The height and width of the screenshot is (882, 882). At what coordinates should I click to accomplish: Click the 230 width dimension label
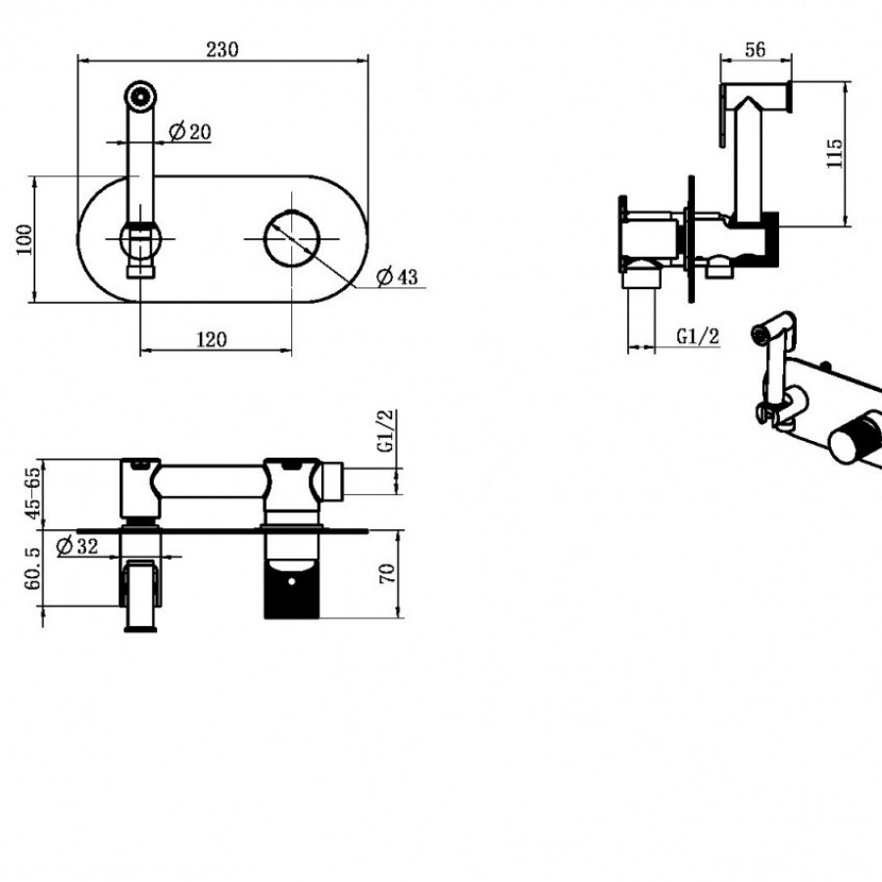coord(222,50)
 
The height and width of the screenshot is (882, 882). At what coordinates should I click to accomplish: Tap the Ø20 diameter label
coord(190,131)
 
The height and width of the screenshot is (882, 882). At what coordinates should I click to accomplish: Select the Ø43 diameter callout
coord(397,276)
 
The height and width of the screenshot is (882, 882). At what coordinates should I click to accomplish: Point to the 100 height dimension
coord(24,240)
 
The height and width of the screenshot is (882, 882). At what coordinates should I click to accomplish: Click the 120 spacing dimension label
coord(212,340)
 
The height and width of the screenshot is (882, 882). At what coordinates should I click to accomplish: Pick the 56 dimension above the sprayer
coord(756,50)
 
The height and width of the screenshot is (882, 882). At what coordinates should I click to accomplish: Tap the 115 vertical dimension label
coord(835,153)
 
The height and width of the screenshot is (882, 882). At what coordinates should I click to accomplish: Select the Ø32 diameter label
coord(77,546)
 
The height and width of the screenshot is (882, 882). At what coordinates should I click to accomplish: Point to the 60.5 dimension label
coord(32,568)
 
